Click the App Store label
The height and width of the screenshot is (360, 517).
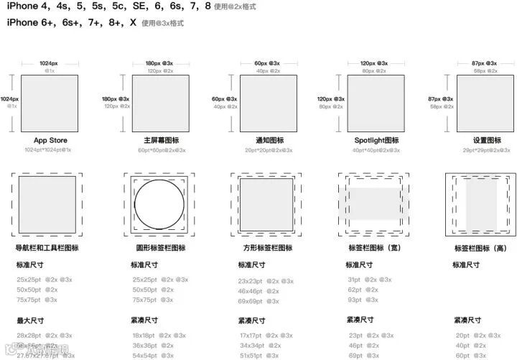coord(50,140)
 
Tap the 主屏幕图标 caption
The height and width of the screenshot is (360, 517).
coord(161,140)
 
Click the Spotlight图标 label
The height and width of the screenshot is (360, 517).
coord(376,140)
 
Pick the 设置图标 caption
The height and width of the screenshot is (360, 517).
coord(485,140)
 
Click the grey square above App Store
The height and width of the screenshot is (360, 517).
coord(50,103)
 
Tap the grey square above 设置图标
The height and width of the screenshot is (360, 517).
coord(485,103)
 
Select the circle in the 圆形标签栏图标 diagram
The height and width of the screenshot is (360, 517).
coord(160,204)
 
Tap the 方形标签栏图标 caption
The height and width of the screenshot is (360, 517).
coord(268,248)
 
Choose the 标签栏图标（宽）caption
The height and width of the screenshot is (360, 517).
coord(373,248)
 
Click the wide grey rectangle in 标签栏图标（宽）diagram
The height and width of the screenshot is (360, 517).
coord(373,204)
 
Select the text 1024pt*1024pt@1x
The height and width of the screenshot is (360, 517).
coord(47,150)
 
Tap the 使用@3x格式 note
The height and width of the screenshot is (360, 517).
coord(162,24)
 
